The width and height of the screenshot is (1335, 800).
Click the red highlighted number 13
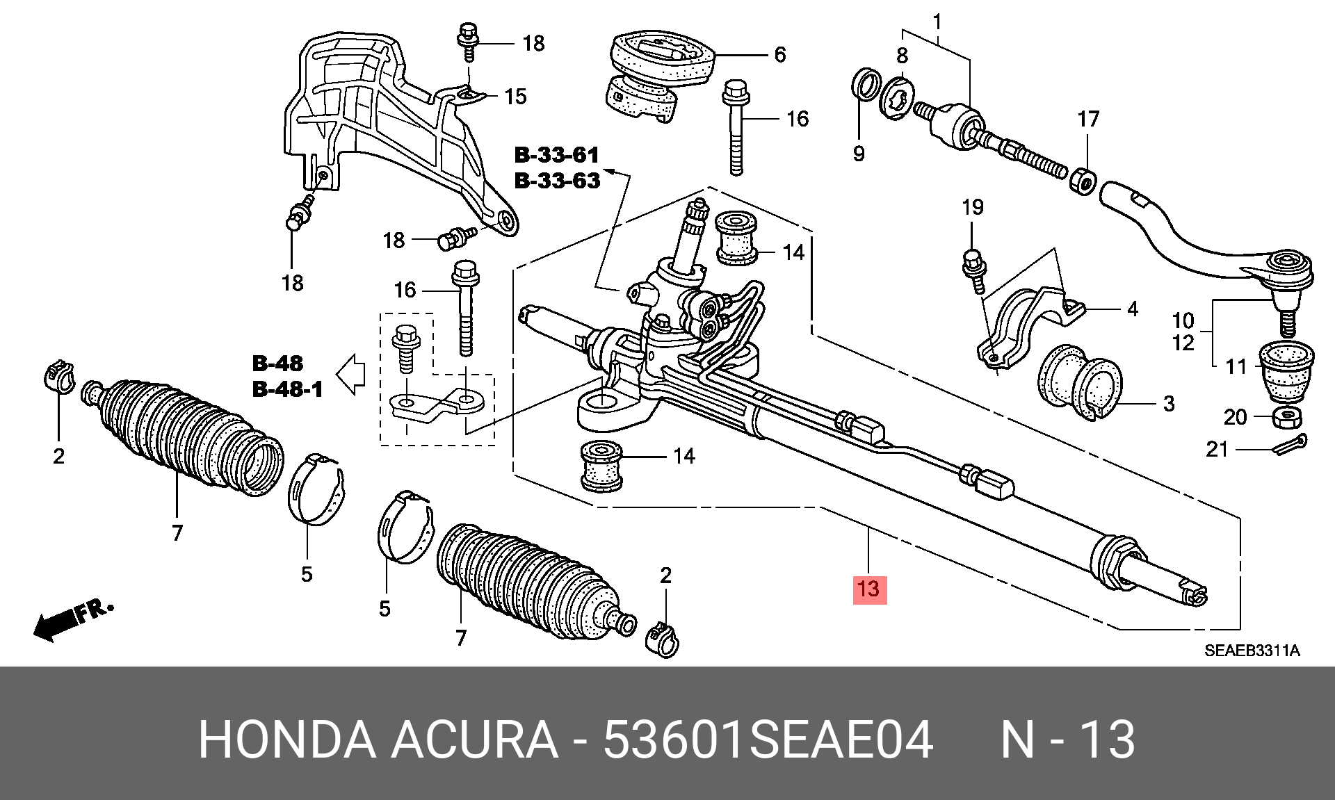click(x=869, y=589)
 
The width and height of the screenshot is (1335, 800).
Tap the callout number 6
click(x=779, y=54)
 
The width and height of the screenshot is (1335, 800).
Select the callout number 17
click(x=1088, y=119)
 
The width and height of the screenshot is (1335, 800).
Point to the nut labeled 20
click(x=1288, y=417)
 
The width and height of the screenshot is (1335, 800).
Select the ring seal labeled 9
click(x=864, y=85)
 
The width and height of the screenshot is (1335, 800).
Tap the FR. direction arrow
click(x=70, y=619)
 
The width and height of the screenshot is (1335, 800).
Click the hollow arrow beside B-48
click(x=351, y=374)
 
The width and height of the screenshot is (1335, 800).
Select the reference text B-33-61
click(x=556, y=154)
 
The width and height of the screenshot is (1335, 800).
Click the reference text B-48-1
click(x=287, y=389)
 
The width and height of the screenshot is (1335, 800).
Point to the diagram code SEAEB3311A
click(x=1252, y=651)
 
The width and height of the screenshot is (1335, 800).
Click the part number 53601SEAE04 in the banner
click(x=768, y=741)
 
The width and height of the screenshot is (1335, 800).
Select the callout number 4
click(x=1132, y=309)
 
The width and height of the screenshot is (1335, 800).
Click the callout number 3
click(x=1169, y=403)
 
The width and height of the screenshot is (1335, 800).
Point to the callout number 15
click(x=515, y=96)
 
